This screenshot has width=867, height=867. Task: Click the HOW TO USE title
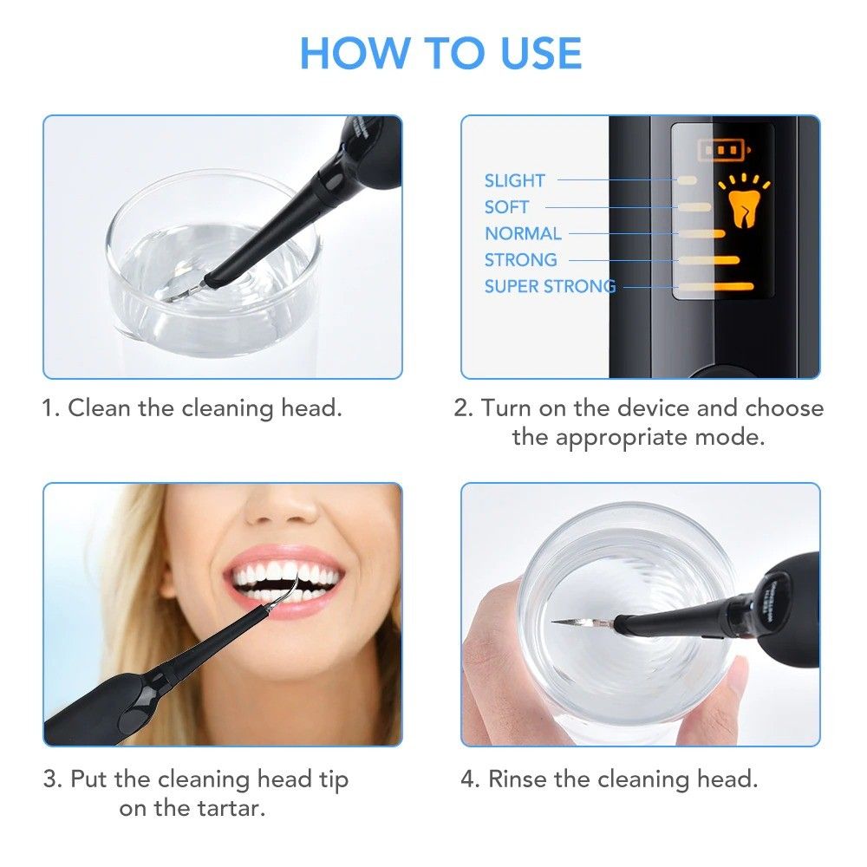pyautogui.click(x=440, y=54)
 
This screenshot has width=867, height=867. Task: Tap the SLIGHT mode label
pyautogui.click(x=514, y=180)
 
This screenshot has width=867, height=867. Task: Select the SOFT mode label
pyautogui.click(x=506, y=207)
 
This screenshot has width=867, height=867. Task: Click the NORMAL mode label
pyautogui.click(x=523, y=233)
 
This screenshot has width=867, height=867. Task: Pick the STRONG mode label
pyautogui.click(x=520, y=260)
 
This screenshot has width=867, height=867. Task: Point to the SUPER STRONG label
pyautogui.click(x=550, y=286)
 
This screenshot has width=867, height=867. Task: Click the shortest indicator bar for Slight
pyautogui.click(x=688, y=180)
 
